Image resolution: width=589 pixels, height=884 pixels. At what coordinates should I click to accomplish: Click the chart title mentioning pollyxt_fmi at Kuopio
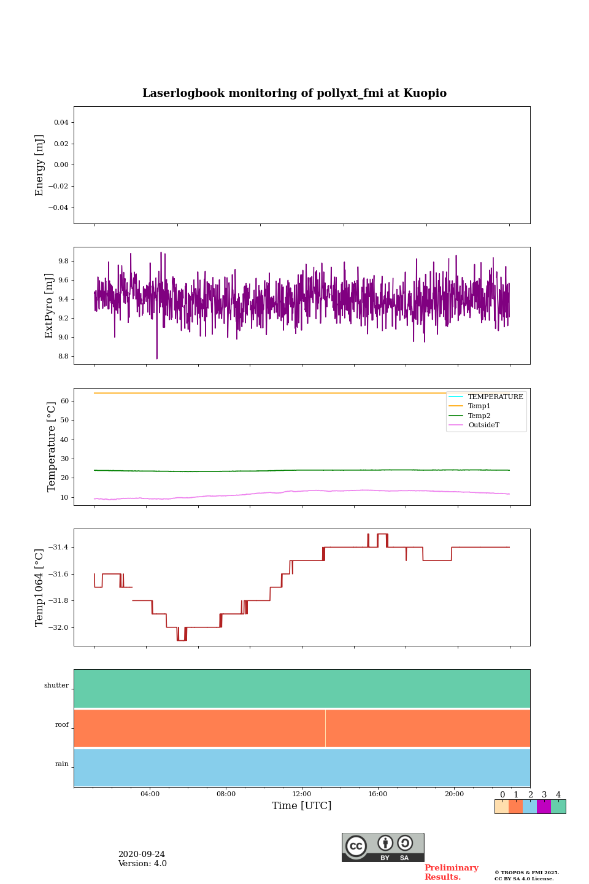(x=294, y=93)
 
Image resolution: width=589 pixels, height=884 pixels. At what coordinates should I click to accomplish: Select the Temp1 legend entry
(x=479, y=406)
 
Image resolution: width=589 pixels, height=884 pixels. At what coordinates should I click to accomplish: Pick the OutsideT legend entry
(x=483, y=425)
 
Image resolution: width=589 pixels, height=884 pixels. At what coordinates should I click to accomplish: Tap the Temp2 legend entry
(x=479, y=416)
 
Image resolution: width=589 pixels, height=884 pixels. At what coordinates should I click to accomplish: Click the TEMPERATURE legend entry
(x=495, y=397)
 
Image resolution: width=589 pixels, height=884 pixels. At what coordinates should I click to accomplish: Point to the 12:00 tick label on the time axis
(x=302, y=794)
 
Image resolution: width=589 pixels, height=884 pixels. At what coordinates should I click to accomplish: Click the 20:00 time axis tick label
(x=454, y=794)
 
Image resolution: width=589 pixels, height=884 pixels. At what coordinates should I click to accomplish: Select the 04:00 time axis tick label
(x=150, y=794)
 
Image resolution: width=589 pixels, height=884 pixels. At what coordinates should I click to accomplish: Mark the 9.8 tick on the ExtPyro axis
(x=63, y=262)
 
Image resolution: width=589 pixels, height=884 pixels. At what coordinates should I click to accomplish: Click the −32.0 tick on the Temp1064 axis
(x=56, y=627)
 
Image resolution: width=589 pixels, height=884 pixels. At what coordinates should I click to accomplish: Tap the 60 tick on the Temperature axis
(x=64, y=401)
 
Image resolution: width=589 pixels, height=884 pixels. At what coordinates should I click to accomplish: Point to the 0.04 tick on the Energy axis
(x=61, y=123)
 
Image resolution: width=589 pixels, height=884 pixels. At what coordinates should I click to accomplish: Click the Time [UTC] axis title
(x=302, y=806)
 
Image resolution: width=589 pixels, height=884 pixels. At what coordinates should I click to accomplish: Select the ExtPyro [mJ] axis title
(x=50, y=306)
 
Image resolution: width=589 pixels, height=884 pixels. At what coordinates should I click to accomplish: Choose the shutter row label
(x=56, y=686)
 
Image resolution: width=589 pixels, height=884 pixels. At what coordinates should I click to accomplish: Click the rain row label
(x=62, y=764)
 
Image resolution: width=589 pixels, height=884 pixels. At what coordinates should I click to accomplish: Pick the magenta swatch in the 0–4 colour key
(x=544, y=807)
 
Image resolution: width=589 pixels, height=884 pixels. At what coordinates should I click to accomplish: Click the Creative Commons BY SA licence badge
(x=383, y=847)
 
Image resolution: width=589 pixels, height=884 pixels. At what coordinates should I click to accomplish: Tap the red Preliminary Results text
(x=451, y=872)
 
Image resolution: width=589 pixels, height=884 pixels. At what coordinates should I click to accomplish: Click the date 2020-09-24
(x=141, y=855)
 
